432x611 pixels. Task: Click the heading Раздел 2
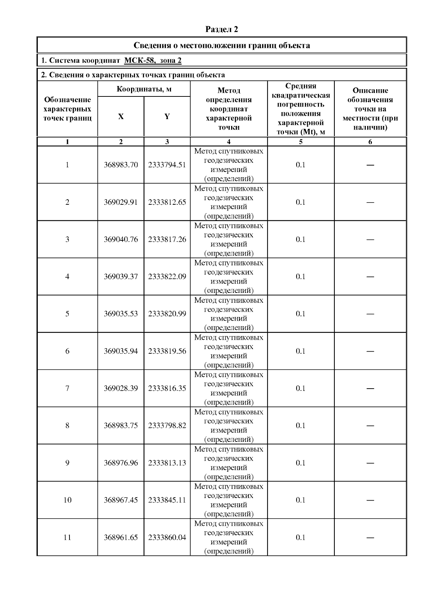pos(221,29)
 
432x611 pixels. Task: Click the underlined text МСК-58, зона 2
pos(153,60)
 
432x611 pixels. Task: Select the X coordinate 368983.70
pos(121,165)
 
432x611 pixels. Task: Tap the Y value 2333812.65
pos(167,202)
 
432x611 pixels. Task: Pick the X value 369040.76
pos(121,239)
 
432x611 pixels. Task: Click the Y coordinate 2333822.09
pos(167,277)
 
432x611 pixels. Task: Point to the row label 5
pos(67,314)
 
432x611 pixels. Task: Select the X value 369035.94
pos(121,351)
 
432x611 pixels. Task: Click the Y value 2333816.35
pos(167,388)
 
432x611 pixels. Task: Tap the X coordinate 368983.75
pos(121,426)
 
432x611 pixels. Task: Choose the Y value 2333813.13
pos(167,463)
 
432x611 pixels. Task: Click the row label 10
pos(67,500)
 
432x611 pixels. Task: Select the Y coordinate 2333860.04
pos(167,538)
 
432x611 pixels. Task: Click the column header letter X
pos(121,117)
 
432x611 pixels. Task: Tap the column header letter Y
pos(167,117)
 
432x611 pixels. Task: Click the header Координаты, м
pos(144,89)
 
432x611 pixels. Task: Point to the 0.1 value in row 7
pos(301,388)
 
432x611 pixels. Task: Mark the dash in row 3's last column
pos(370,240)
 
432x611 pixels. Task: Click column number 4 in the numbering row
pos(229,142)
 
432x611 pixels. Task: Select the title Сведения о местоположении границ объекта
pos(222,45)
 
